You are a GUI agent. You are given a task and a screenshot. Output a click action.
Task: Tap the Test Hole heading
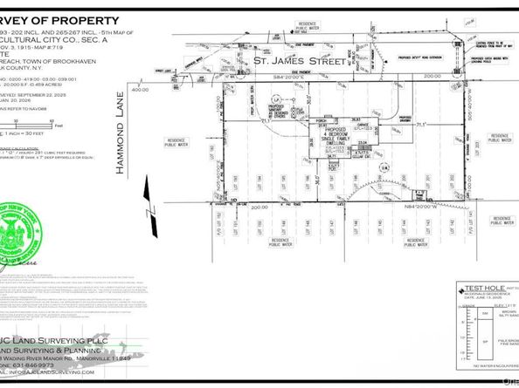point(481,287)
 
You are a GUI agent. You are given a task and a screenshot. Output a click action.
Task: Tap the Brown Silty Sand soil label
point(510,315)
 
